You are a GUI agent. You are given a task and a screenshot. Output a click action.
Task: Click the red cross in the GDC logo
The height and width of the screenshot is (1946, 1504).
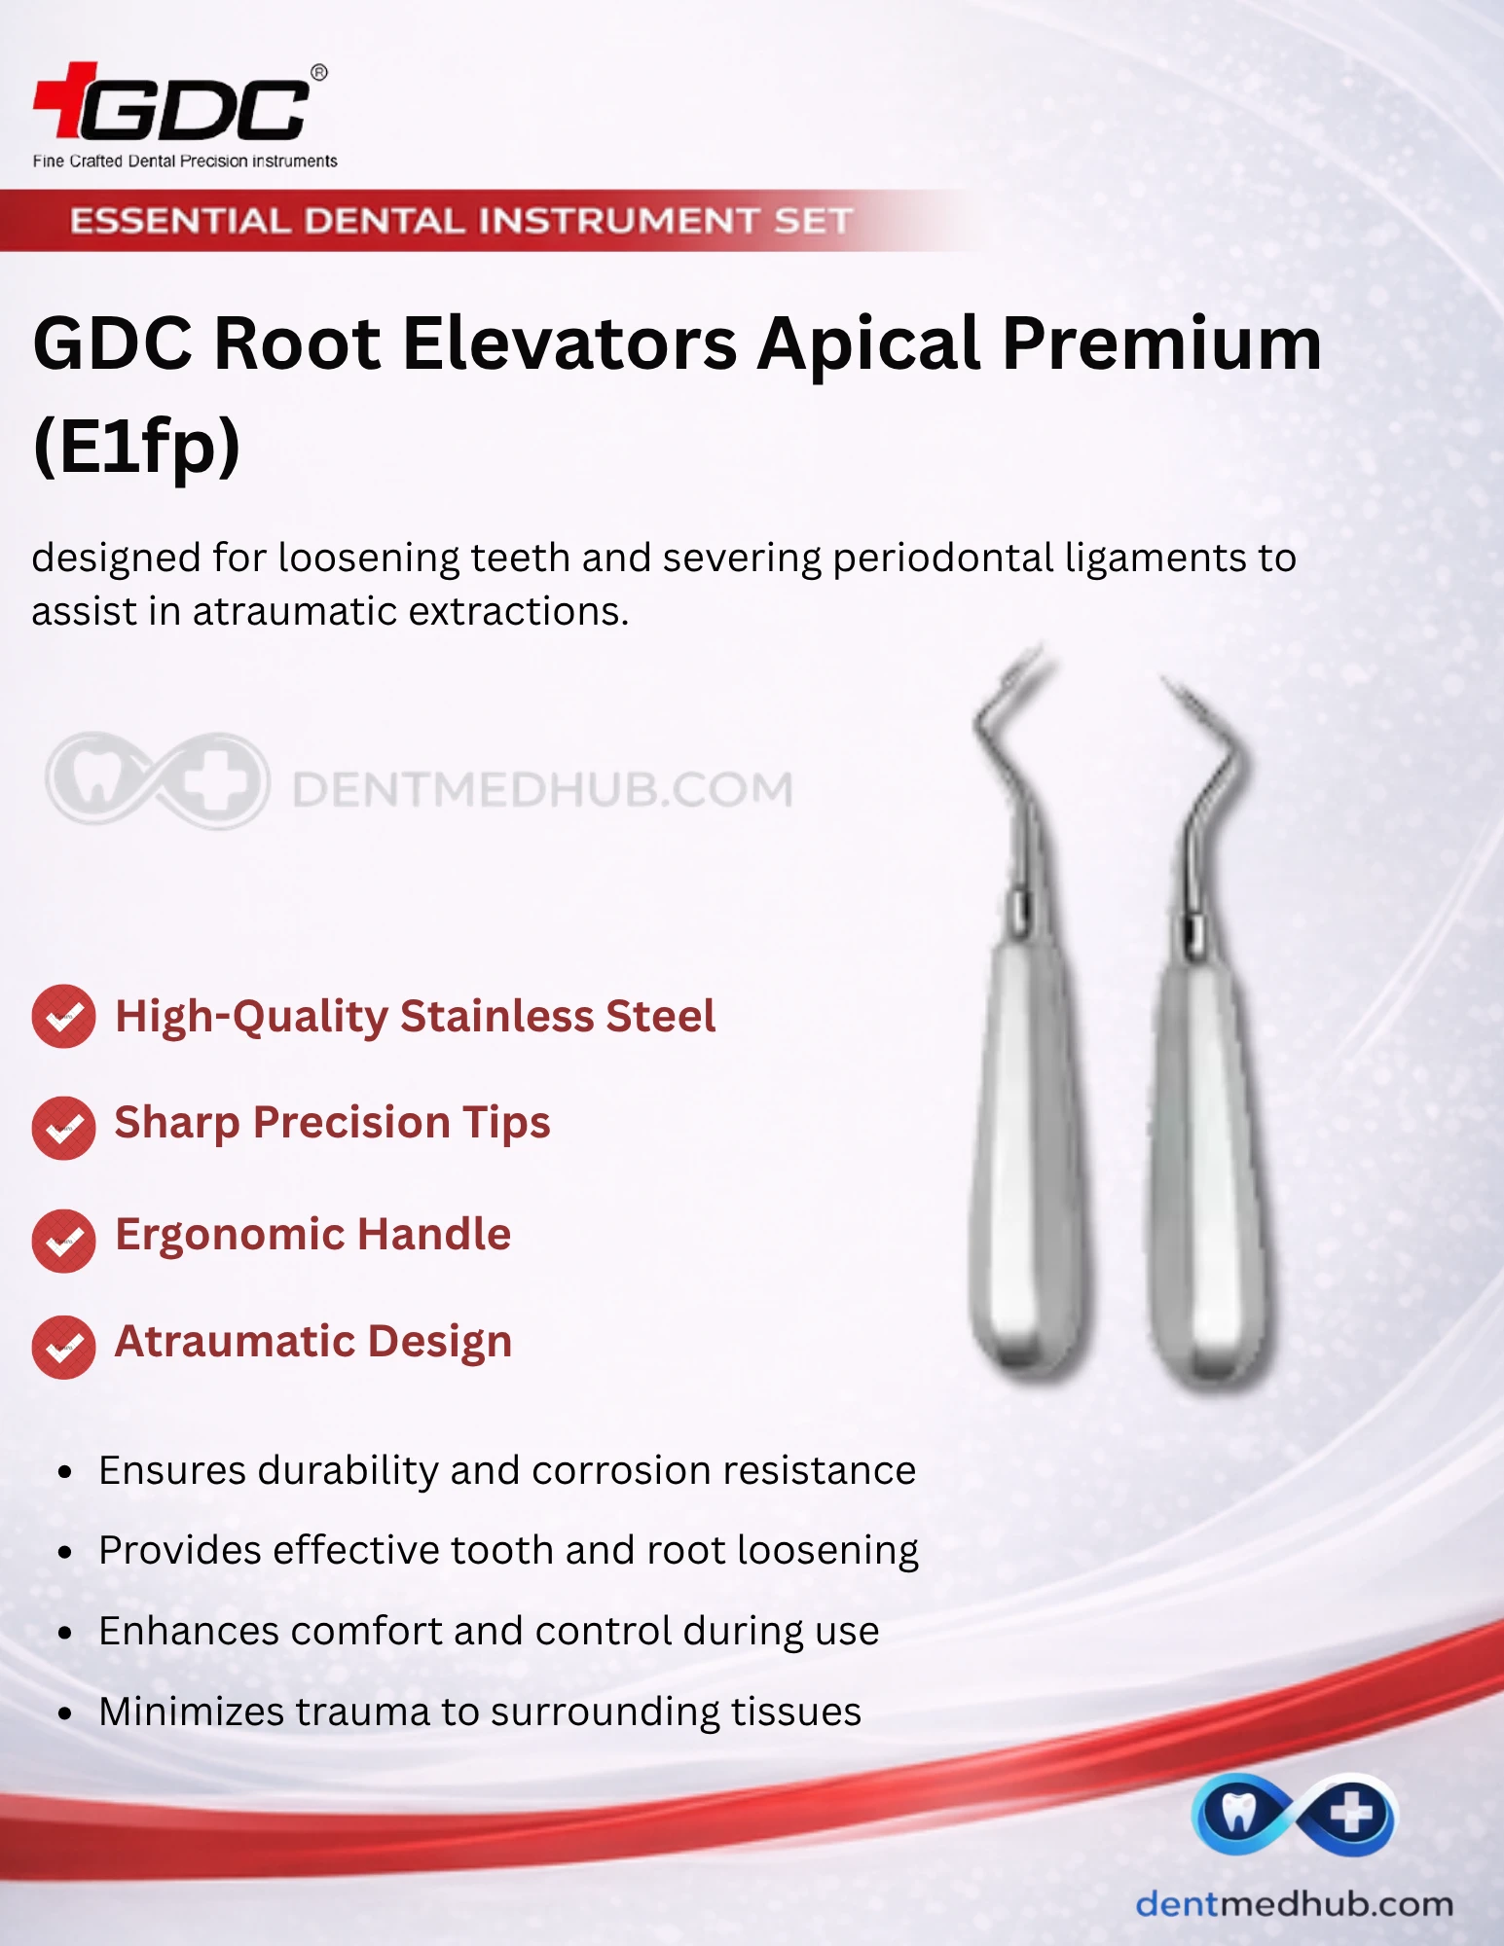[66, 99]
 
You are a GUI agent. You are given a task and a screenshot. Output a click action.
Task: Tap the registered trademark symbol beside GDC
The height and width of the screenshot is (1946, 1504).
[318, 73]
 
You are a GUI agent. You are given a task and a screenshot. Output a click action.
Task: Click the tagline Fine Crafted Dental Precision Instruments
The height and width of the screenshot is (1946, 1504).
[185, 161]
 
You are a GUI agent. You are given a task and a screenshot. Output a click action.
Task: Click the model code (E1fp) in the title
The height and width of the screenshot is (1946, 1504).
[136, 446]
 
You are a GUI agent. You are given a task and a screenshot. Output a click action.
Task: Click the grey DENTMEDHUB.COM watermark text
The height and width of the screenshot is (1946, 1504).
[542, 789]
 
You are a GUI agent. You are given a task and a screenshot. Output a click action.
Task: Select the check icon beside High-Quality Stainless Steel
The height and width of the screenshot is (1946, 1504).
[63, 1017]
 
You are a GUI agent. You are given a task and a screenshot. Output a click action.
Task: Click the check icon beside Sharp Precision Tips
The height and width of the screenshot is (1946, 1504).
[63, 1128]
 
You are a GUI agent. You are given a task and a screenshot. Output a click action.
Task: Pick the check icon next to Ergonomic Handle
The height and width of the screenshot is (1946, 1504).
[63, 1241]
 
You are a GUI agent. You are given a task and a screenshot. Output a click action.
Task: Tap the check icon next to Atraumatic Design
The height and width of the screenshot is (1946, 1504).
[63, 1348]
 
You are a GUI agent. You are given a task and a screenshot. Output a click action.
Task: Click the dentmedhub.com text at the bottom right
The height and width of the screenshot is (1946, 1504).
[1294, 1903]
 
